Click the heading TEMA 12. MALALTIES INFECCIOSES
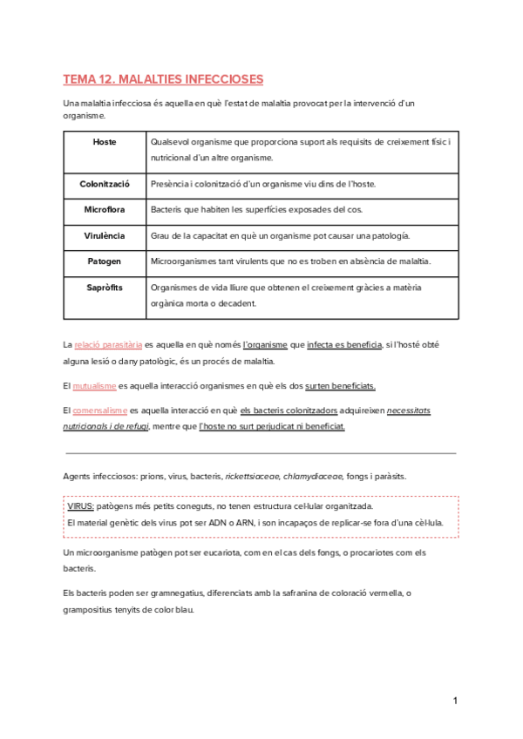tap(163, 79)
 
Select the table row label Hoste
tap(105, 141)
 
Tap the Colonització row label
tap(105, 185)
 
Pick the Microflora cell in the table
tap(105, 210)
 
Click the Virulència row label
tap(105, 236)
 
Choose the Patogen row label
tap(105, 261)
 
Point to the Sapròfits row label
tap(105, 287)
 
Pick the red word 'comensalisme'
tap(100, 410)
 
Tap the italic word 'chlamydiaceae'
tap(313, 477)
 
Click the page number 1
tap(455, 702)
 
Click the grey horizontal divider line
tap(261, 453)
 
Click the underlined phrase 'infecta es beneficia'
tap(345, 345)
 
